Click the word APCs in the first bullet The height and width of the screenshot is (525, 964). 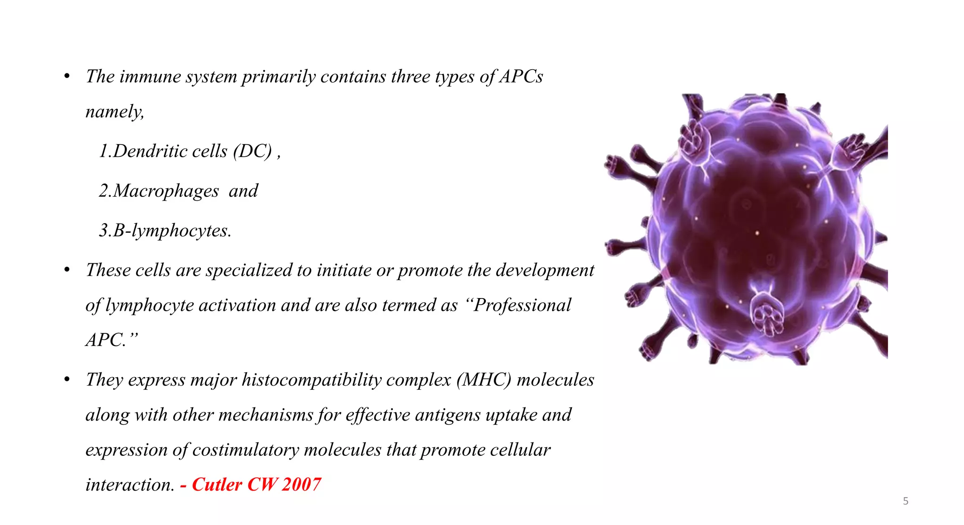click(x=521, y=77)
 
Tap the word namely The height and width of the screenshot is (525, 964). click(x=114, y=112)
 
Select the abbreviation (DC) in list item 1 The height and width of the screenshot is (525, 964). click(x=253, y=152)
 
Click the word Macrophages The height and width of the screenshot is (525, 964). click(x=166, y=191)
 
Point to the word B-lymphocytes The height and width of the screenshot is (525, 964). click(x=172, y=231)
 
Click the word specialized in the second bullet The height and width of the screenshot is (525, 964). click(x=249, y=271)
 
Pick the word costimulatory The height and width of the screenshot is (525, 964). click(x=245, y=450)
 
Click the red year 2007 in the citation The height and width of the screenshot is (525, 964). click(x=301, y=485)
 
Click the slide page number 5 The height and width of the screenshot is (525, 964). click(x=905, y=501)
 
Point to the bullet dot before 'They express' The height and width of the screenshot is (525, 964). click(x=67, y=379)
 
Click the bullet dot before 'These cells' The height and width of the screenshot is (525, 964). click(x=67, y=270)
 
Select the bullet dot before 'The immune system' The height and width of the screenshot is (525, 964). click(x=67, y=76)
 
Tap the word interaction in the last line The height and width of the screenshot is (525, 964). click(x=130, y=485)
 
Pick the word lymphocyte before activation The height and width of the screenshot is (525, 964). click(x=149, y=306)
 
